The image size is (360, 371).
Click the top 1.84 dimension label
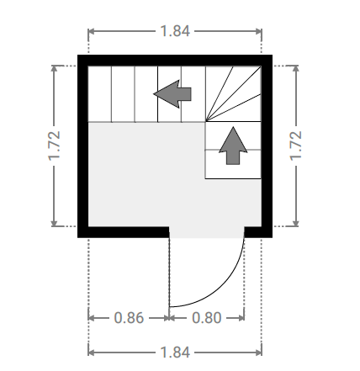point(175,31)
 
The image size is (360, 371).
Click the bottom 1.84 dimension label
point(175,352)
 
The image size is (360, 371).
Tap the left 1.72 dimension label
point(55,146)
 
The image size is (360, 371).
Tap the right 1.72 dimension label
point(296,146)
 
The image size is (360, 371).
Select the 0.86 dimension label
point(129,318)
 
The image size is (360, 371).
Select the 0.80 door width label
point(207,318)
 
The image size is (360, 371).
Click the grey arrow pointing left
point(172,94)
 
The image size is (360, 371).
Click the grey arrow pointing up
point(233,146)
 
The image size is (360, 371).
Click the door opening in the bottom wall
point(207,232)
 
